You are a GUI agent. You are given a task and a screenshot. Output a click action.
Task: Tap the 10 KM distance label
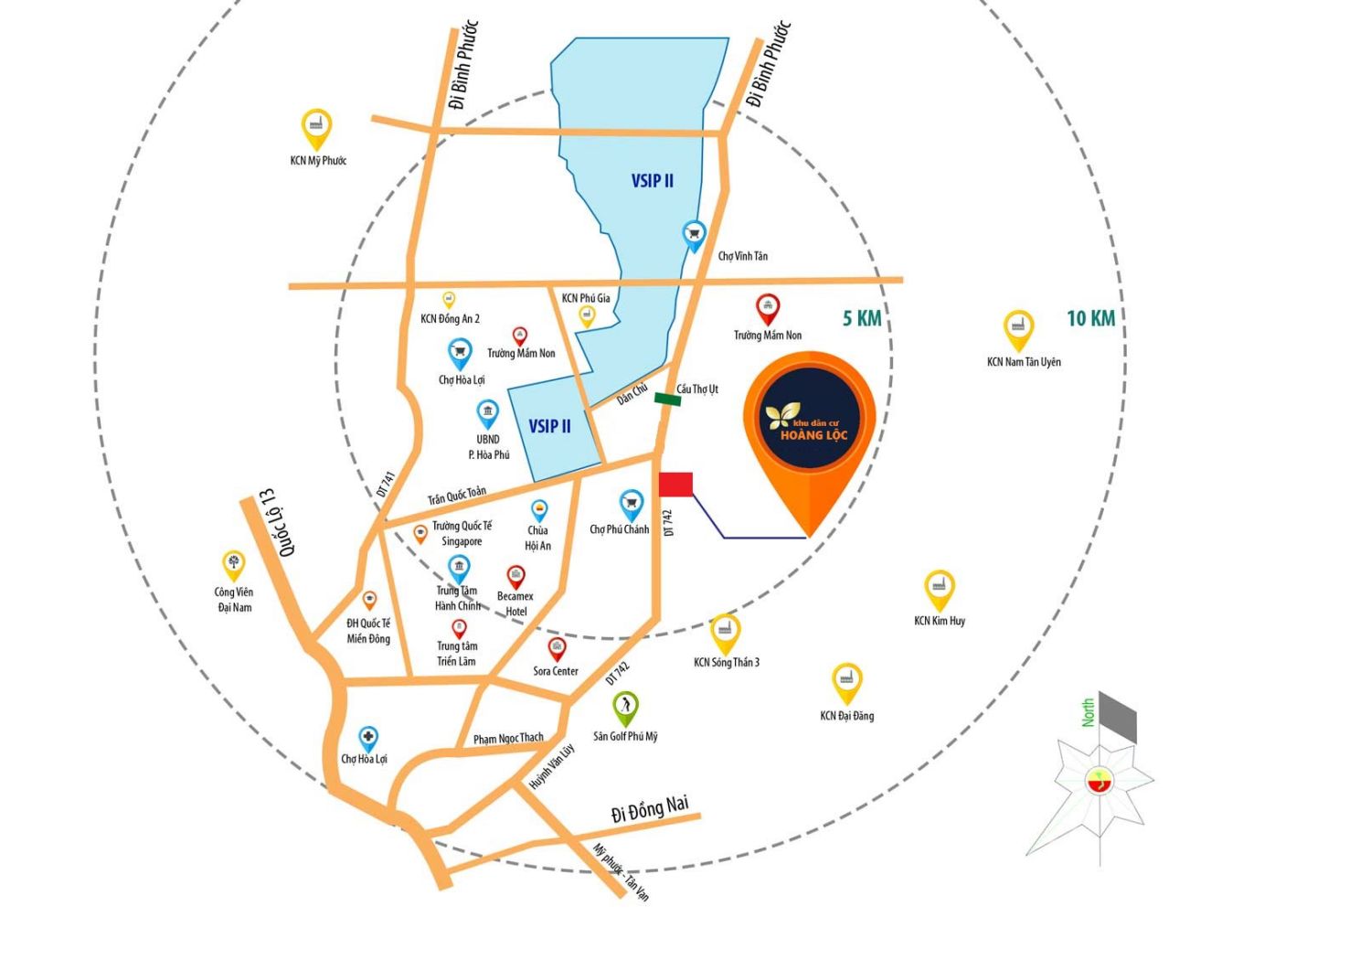tap(1090, 318)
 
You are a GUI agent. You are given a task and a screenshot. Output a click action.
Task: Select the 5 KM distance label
tap(862, 318)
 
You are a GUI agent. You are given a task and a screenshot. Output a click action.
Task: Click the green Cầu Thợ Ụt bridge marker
tap(667, 400)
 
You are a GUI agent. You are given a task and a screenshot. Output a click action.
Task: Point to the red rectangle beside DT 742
tap(675, 485)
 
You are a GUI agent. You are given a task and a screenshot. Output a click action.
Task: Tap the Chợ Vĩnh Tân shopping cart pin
tap(694, 236)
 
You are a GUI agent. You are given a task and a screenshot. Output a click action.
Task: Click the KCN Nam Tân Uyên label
tap(1024, 362)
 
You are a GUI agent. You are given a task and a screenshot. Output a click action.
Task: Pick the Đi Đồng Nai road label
tap(650, 808)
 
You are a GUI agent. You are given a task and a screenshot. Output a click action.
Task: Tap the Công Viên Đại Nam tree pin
tap(233, 565)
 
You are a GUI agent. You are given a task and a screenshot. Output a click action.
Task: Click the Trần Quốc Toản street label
tap(457, 496)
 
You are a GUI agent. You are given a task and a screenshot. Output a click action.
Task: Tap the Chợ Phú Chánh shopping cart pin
tap(631, 506)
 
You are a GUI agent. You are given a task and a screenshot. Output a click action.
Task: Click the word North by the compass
tap(1088, 712)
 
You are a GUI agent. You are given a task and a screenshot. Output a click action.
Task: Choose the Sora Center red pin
tap(557, 649)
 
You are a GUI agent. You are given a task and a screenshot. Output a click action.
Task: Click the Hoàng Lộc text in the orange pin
tap(813, 434)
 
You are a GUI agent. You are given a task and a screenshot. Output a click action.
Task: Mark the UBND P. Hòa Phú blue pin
tap(487, 414)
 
